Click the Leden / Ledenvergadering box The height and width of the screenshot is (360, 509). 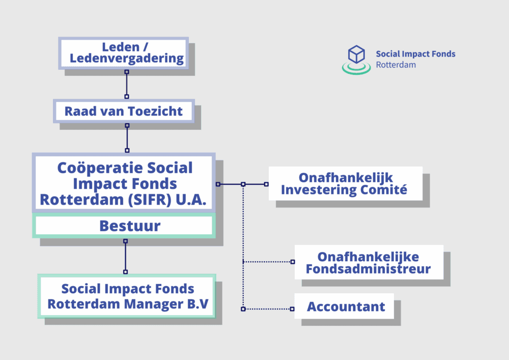pyautogui.click(x=124, y=53)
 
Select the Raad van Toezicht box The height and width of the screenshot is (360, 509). pyautogui.click(x=124, y=111)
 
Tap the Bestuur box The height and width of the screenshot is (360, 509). pyautogui.click(x=124, y=226)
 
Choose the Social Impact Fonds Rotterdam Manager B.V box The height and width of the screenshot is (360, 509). pyautogui.click(x=127, y=296)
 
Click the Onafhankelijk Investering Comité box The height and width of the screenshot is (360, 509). pyautogui.click(x=345, y=184)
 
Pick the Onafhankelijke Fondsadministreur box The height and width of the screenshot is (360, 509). pyautogui.click(x=368, y=262)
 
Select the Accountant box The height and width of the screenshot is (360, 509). pyautogui.click(x=346, y=307)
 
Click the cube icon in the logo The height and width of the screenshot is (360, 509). pyautogui.click(x=356, y=54)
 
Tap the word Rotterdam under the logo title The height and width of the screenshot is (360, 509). pyautogui.click(x=395, y=65)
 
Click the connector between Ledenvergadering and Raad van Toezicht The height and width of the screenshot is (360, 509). pyautogui.click(x=127, y=84)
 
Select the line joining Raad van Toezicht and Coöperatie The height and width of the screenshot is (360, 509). pyautogui.click(x=127, y=137)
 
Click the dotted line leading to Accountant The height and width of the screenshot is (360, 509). pyautogui.click(x=267, y=309)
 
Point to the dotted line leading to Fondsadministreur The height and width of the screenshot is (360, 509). pyautogui.click(x=268, y=262)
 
